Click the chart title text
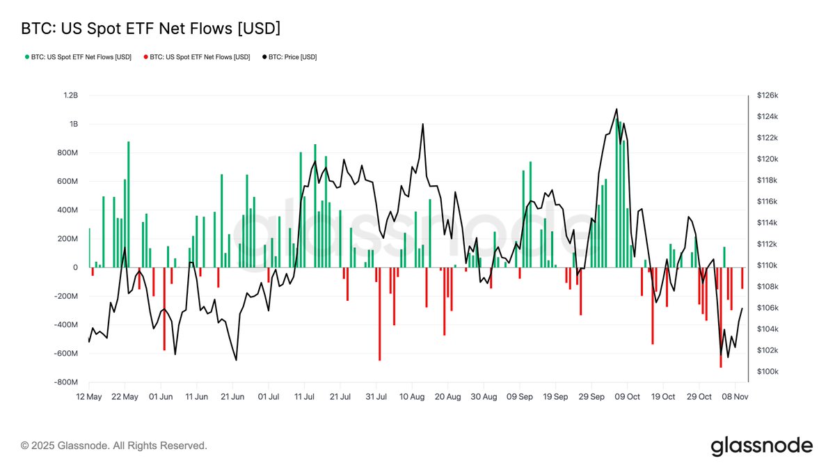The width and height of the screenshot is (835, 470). click(x=150, y=29)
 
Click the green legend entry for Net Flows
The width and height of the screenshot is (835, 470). click(x=78, y=57)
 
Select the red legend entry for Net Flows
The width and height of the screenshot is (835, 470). click(x=196, y=57)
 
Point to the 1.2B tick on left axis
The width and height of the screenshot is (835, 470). click(x=69, y=95)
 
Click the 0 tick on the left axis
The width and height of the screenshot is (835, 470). click(x=75, y=267)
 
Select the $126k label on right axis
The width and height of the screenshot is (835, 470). click(x=768, y=95)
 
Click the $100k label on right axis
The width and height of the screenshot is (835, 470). click(x=768, y=372)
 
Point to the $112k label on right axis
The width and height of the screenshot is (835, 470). click(x=768, y=244)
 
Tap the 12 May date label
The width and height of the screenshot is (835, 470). click(x=89, y=397)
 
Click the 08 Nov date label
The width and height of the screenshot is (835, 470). click(x=735, y=397)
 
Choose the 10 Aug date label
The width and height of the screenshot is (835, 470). click(x=412, y=397)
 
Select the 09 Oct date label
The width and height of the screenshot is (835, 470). click(x=628, y=397)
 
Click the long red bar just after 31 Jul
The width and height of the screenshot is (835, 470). click(x=379, y=313)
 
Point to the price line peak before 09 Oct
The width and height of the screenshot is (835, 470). click(x=616, y=109)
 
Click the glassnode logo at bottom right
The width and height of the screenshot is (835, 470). click(x=761, y=446)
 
